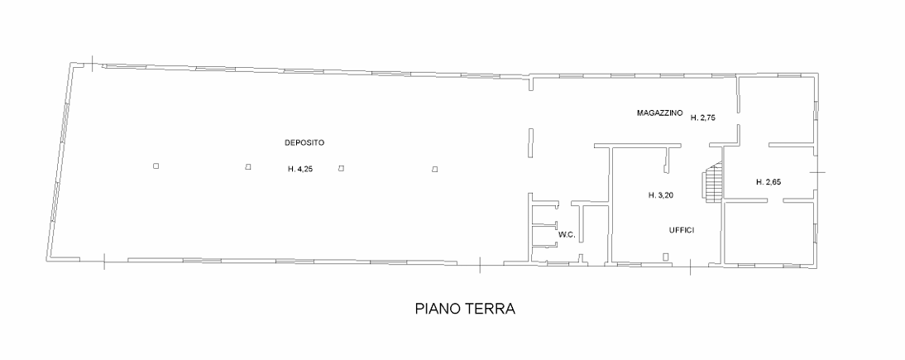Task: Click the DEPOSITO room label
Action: [304, 142]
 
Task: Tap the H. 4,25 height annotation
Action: [300, 170]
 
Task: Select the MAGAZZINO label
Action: [660, 113]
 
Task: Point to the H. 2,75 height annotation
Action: [703, 118]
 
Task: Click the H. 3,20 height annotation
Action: [661, 195]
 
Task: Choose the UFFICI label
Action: [681, 230]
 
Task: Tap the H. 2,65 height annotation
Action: [769, 182]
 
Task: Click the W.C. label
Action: [566, 234]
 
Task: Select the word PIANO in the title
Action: [436, 309]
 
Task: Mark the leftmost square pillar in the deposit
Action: [156, 166]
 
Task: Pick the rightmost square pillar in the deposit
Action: [435, 170]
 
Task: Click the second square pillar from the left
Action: [248, 167]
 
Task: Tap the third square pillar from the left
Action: [341, 168]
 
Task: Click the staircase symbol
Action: [713, 181]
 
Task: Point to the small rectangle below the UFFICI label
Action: [666, 257]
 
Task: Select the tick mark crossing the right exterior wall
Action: [817, 172]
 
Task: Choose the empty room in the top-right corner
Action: [776, 110]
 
